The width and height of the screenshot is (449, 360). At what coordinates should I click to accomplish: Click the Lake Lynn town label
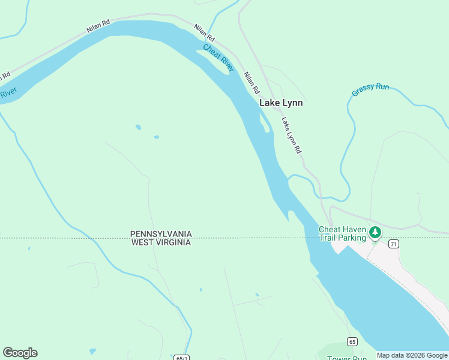click(281, 103)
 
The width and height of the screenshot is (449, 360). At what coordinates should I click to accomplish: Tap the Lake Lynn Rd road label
click(291, 135)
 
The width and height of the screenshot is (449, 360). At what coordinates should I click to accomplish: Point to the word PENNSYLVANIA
click(161, 233)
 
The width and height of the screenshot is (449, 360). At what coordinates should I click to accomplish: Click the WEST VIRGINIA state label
click(161, 242)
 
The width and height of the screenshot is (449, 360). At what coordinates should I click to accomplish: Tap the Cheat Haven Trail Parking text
click(342, 234)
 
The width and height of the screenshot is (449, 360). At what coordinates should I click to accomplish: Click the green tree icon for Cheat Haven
click(375, 232)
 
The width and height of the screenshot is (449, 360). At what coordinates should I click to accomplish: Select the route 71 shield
click(393, 244)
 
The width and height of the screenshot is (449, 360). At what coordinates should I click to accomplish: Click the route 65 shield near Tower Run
click(352, 341)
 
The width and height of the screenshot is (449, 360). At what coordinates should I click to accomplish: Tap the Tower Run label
click(347, 358)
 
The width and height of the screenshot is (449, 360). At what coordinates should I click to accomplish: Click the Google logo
click(20, 353)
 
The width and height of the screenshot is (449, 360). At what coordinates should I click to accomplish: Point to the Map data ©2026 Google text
click(412, 355)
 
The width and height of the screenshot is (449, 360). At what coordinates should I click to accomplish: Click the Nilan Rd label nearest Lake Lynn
click(252, 83)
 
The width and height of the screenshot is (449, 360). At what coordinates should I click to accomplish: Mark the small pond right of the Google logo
click(92, 351)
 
